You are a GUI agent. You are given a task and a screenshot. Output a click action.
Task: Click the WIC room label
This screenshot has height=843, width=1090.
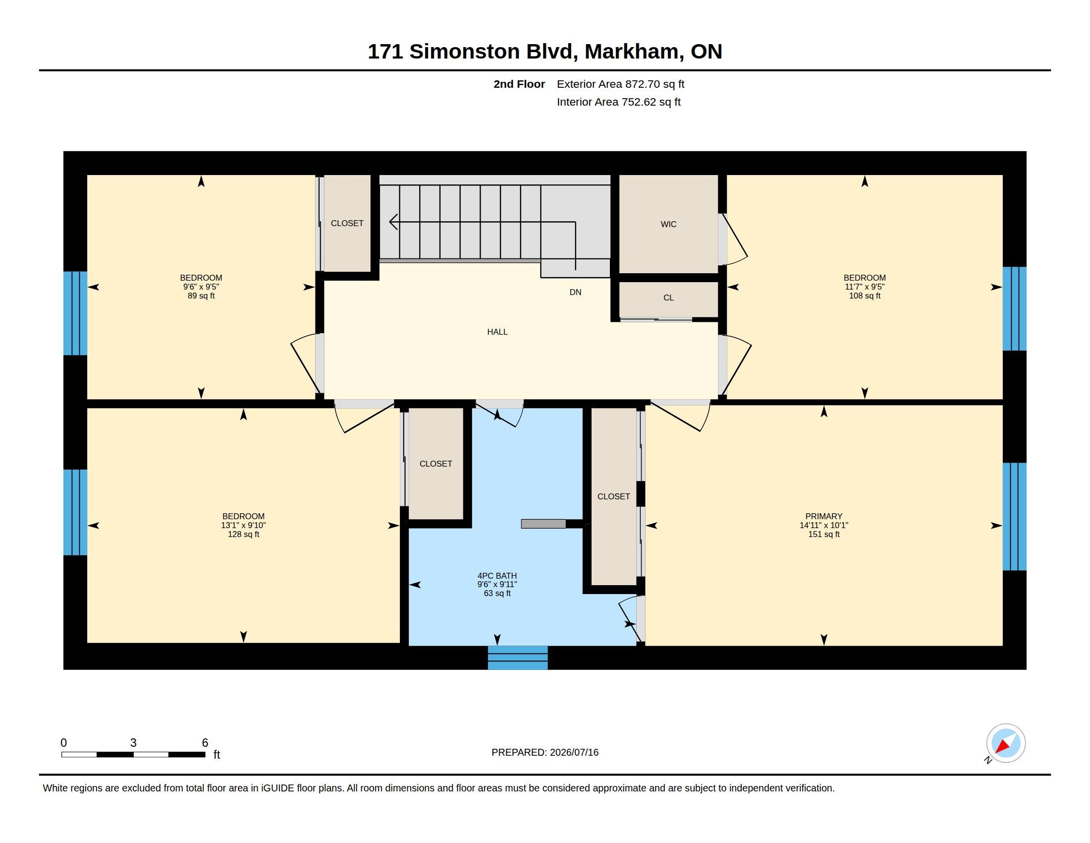[x=668, y=224]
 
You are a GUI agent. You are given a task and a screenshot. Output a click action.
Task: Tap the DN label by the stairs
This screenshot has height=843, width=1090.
[x=575, y=292]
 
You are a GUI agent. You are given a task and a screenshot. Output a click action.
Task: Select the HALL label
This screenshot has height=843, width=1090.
[x=497, y=332]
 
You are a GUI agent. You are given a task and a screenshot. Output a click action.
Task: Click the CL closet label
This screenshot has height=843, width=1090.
[x=668, y=298]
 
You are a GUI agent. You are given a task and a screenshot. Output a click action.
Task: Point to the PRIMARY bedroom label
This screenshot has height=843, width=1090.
[x=823, y=516]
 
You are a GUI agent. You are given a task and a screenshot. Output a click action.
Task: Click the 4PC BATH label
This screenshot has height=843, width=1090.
[x=497, y=576]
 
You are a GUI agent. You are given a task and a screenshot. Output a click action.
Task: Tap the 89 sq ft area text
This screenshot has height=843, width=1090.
[x=201, y=296]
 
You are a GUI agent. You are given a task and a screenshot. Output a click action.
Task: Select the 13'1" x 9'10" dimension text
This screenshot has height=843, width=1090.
[x=244, y=525]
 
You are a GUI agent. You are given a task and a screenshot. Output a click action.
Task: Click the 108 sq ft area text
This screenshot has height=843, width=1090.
[x=865, y=296]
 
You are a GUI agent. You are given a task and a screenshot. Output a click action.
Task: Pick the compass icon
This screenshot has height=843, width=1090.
[x=1005, y=743]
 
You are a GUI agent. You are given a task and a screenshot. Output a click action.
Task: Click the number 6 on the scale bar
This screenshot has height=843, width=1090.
[x=205, y=743]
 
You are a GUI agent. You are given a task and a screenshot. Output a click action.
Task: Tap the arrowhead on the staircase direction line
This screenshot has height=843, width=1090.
[x=393, y=222]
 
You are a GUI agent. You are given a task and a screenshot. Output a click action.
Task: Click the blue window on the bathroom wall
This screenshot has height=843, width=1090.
[x=518, y=658]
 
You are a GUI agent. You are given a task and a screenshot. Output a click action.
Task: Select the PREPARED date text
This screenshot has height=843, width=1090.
[x=545, y=752]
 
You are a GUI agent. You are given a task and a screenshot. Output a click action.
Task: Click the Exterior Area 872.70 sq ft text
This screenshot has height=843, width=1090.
[x=620, y=84]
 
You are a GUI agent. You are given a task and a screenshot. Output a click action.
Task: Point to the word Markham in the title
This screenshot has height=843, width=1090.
[x=634, y=52]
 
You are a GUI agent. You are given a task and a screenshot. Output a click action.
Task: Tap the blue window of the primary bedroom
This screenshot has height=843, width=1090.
[x=1015, y=516]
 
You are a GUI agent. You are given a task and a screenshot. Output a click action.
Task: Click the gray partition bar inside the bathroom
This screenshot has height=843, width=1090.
[x=544, y=524]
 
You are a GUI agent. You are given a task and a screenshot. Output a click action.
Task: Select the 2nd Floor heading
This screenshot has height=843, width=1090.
[x=519, y=84]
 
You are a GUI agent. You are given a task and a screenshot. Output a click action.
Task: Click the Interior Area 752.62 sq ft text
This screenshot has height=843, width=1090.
[x=618, y=102]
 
